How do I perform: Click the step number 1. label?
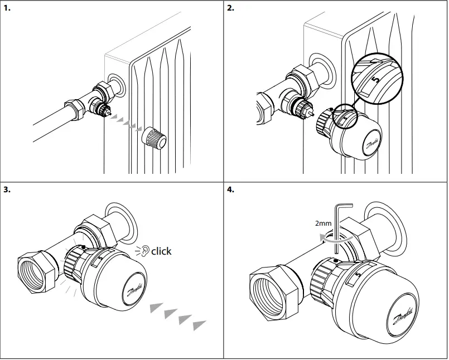point(7,8)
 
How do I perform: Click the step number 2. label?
point(231,8)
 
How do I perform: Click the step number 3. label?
point(7,189)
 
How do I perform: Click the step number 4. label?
point(231,189)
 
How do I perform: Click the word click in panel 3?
point(161,251)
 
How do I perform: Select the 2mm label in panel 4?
point(323,223)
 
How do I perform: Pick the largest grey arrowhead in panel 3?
point(199,324)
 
